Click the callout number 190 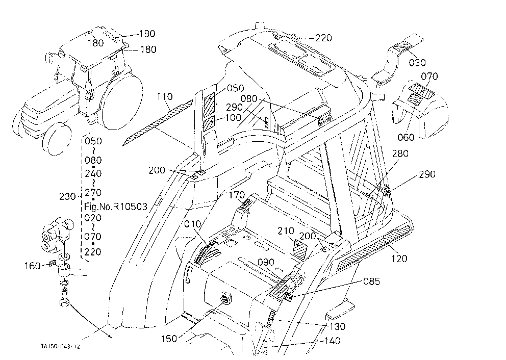[x=147, y=34]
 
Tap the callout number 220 [x=323, y=38]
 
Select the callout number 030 [x=417, y=63]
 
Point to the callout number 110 [x=165, y=96]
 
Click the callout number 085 [x=371, y=281]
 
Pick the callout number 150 [x=169, y=339]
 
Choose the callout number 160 [x=33, y=266]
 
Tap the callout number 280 [x=400, y=153]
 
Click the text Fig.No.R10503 [x=115, y=207]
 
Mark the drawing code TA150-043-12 [x=60, y=347]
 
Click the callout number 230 [x=67, y=196]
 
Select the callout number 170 [x=237, y=195]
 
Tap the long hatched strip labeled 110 [x=158, y=122]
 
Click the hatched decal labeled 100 [x=209, y=124]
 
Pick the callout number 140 [x=332, y=341]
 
